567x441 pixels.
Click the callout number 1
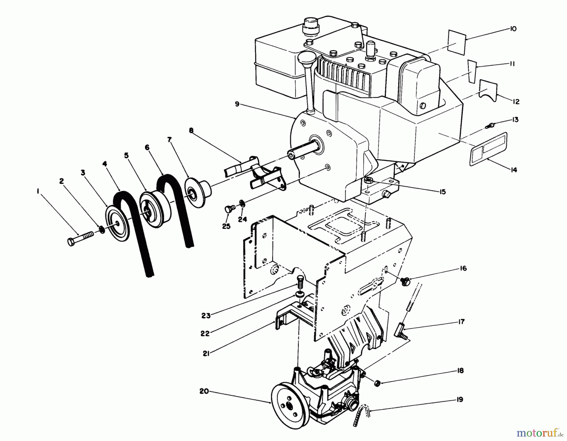[x=38, y=191]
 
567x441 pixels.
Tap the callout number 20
[x=204, y=391]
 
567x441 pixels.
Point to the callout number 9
[x=237, y=104]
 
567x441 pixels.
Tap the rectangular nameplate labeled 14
[x=488, y=149]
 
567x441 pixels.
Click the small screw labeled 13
[x=490, y=126]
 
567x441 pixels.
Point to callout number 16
[x=463, y=268]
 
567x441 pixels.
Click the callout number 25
[x=226, y=226]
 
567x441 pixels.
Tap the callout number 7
[x=169, y=140]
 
